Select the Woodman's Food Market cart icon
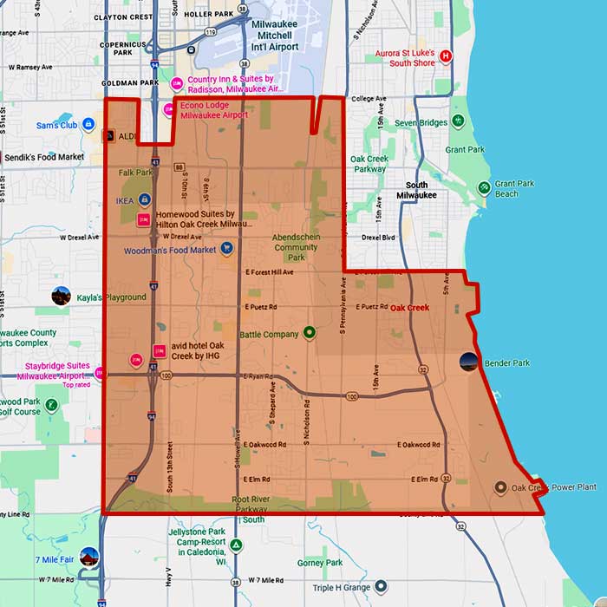pos(226,249)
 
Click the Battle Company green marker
pos(309,333)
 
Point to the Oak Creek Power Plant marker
pos(500,487)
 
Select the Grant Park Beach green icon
pos(484,188)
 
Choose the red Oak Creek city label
pos(409,308)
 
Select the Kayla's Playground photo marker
pos(61,296)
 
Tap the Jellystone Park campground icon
pos(235,546)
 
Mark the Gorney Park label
pos(320,563)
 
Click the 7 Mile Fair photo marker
pos(88,556)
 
